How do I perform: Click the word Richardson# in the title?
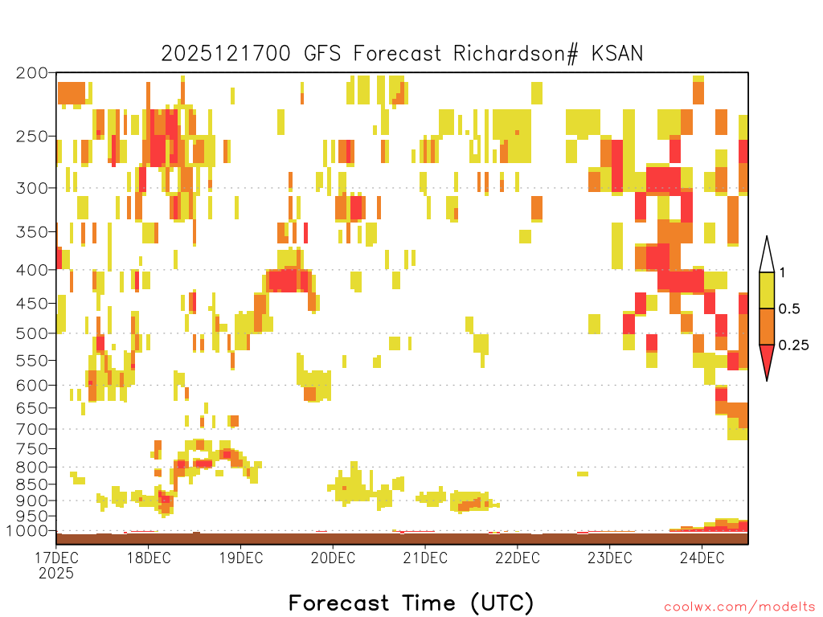pos(516,54)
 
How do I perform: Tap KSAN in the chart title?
pos(617,54)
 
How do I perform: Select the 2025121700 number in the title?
pos(226,54)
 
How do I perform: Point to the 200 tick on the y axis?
pos(31,73)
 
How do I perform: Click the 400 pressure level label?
pos(31,270)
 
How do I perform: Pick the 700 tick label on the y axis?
pos(31,429)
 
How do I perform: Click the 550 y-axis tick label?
pos(31,361)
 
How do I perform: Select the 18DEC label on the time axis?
pos(149,558)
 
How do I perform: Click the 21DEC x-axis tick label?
pos(425,558)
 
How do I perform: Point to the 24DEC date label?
pos(702,558)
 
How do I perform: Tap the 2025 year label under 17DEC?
pos(56,574)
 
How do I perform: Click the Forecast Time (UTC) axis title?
pos(411,603)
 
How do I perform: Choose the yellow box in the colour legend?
pos(767,290)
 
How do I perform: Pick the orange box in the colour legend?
pos(767,326)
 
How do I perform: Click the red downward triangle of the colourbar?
pos(767,359)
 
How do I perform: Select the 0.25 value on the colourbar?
pos(793,345)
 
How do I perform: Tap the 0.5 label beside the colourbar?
pos(789,309)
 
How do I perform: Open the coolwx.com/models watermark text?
pos(739,607)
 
